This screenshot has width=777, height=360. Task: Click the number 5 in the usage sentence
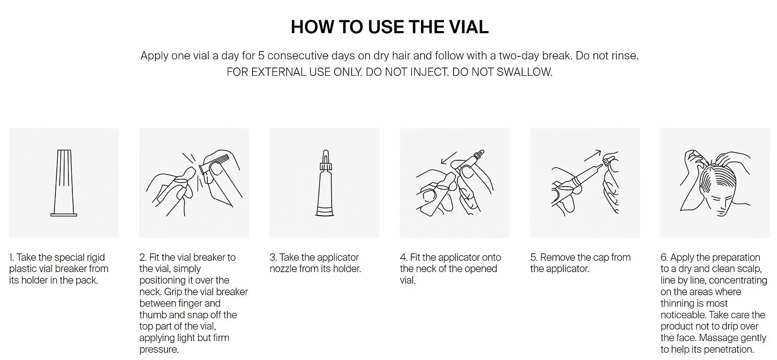[x=261, y=55]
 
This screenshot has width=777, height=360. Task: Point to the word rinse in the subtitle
[x=624, y=55]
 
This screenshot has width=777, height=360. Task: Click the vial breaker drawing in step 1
[x=64, y=183]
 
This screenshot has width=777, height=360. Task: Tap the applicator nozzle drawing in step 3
[x=325, y=183]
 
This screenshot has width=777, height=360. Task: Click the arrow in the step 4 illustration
[x=449, y=157]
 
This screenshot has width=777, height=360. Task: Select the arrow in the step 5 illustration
[x=592, y=155]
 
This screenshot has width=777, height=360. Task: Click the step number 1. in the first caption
[x=12, y=257]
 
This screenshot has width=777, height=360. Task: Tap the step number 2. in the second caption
[x=143, y=257]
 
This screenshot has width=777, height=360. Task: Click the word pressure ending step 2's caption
[x=158, y=350]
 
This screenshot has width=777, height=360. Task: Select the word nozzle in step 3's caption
[x=283, y=269]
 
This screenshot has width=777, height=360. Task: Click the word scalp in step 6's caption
[x=749, y=269]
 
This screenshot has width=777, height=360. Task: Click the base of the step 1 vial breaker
[x=64, y=215]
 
